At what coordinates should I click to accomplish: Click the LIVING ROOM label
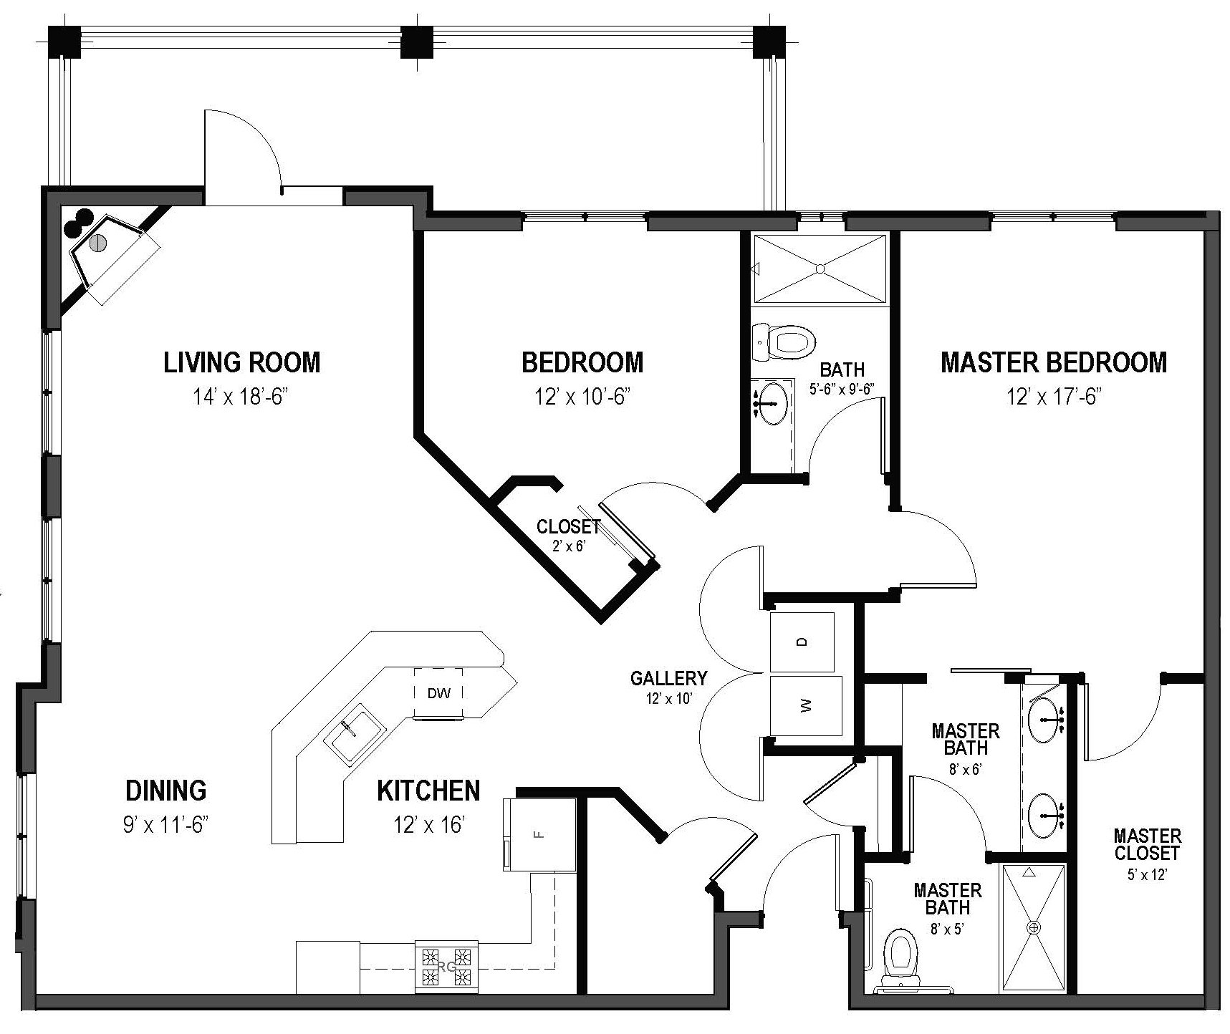(241, 362)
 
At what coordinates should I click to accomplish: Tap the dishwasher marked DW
(438, 693)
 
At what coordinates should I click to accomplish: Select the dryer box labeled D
(802, 642)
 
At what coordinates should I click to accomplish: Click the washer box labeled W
(805, 705)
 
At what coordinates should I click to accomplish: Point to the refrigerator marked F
(541, 834)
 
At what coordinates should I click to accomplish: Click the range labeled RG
(447, 967)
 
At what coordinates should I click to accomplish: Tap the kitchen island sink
(355, 735)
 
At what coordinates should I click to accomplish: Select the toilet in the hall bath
(786, 343)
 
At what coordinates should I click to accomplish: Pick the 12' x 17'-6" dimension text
(1053, 396)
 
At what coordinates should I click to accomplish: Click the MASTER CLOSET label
(1147, 844)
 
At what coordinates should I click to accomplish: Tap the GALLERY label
(668, 678)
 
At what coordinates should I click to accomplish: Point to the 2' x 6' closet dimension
(569, 546)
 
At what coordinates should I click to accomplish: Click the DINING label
(166, 791)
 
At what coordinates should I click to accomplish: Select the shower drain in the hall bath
(821, 269)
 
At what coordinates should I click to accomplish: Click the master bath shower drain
(1034, 927)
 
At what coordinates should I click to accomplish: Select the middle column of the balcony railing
(413, 42)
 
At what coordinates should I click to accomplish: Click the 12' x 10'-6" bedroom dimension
(582, 396)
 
